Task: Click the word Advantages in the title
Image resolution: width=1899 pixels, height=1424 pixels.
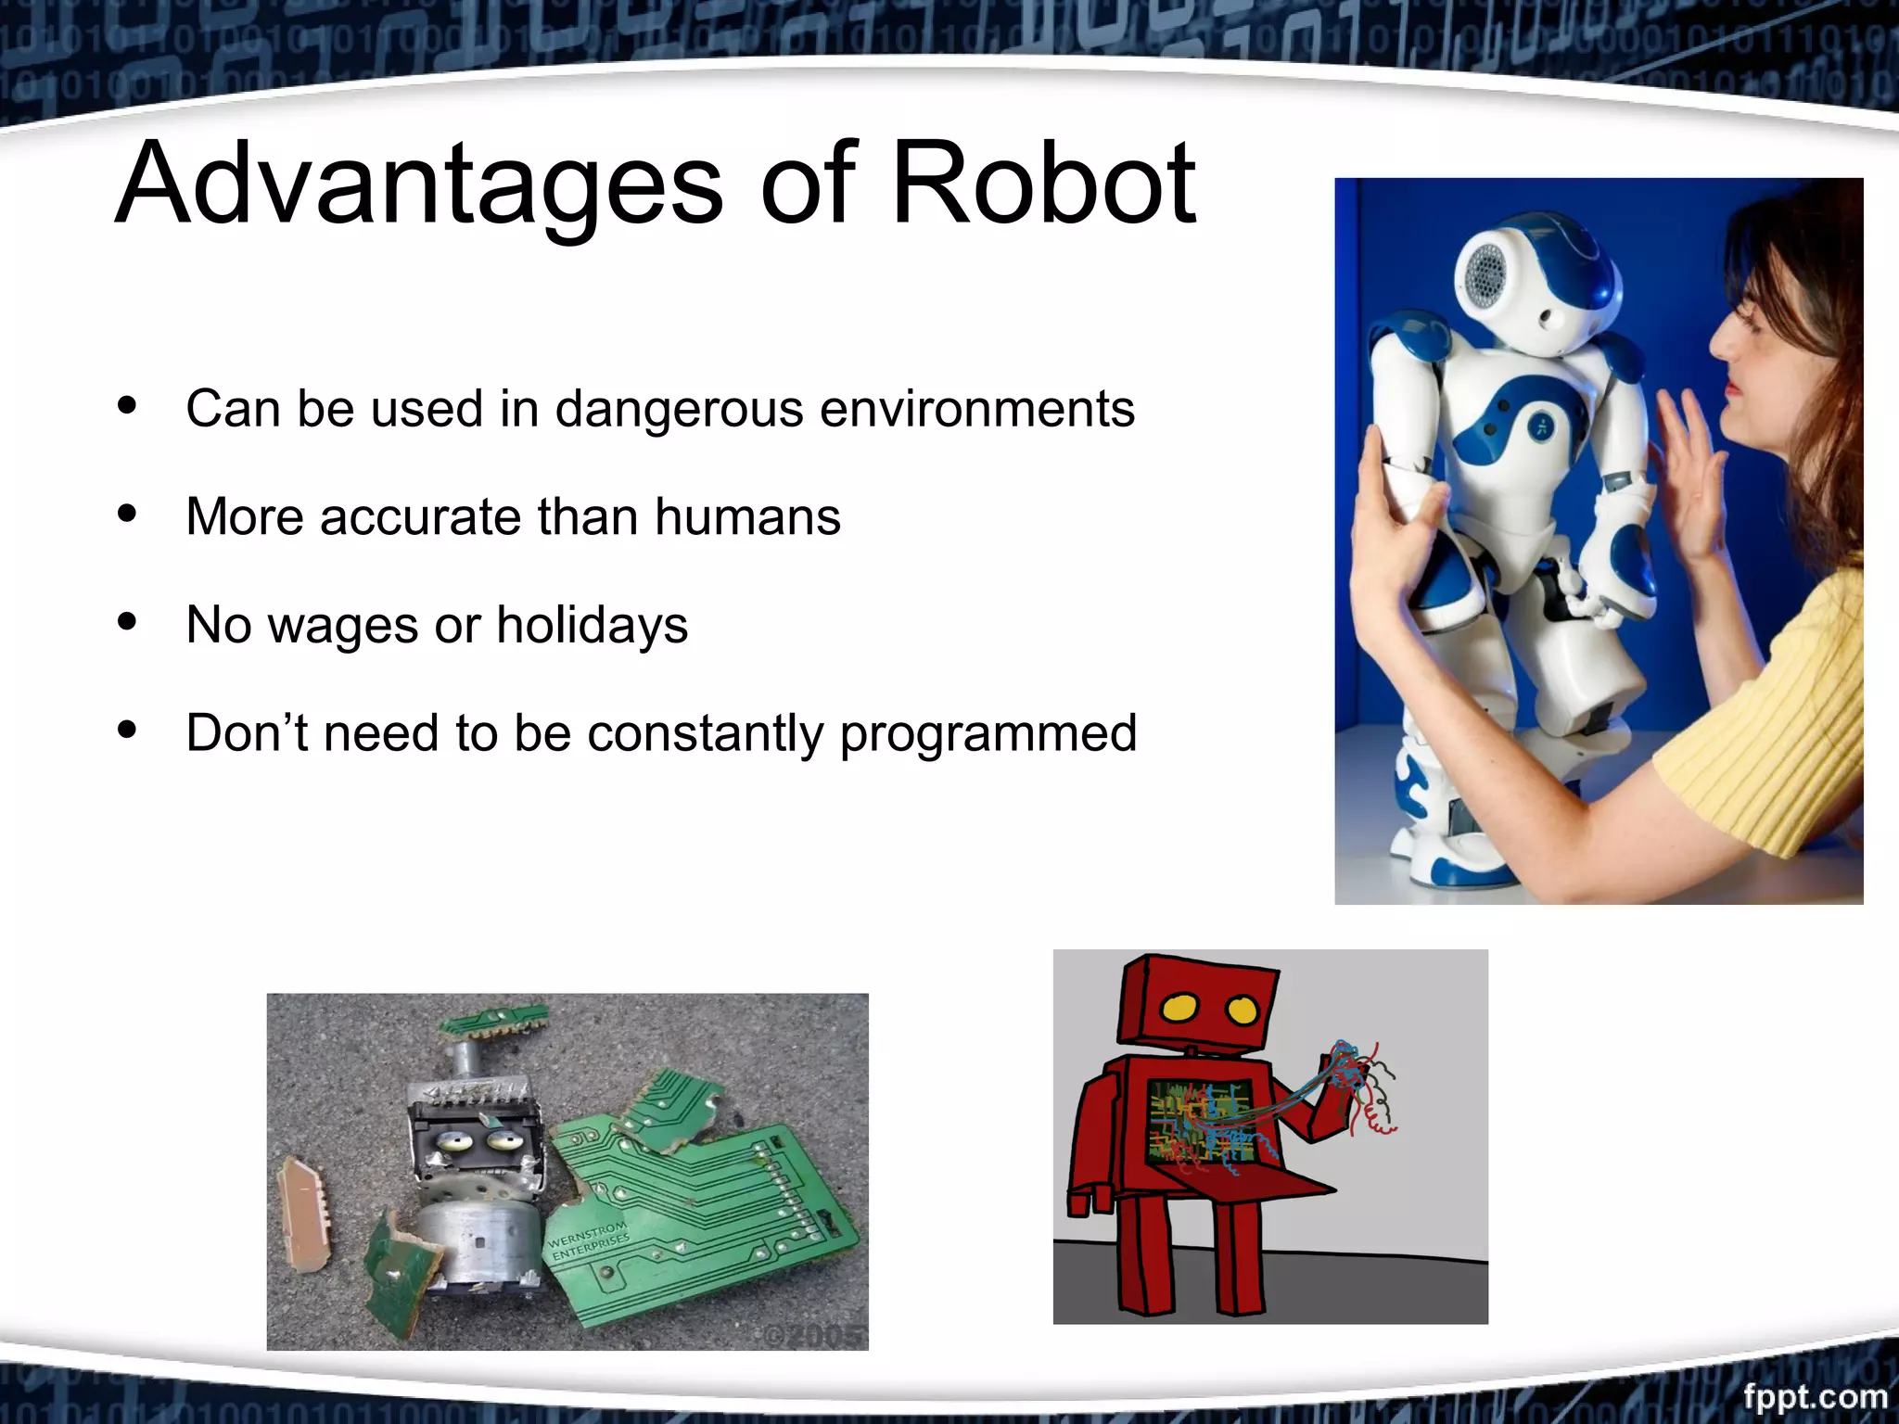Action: click(417, 185)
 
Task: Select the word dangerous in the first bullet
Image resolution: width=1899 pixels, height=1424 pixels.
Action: click(679, 409)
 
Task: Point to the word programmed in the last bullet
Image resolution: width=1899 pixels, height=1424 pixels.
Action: click(988, 733)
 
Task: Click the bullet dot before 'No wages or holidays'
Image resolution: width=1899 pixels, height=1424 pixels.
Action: click(128, 622)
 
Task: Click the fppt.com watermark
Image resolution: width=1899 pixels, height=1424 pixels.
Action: click(1815, 1396)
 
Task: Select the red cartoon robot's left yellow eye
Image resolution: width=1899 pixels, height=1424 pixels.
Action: click(1179, 1007)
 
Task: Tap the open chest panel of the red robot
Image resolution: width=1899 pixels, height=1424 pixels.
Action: click(1201, 1122)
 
